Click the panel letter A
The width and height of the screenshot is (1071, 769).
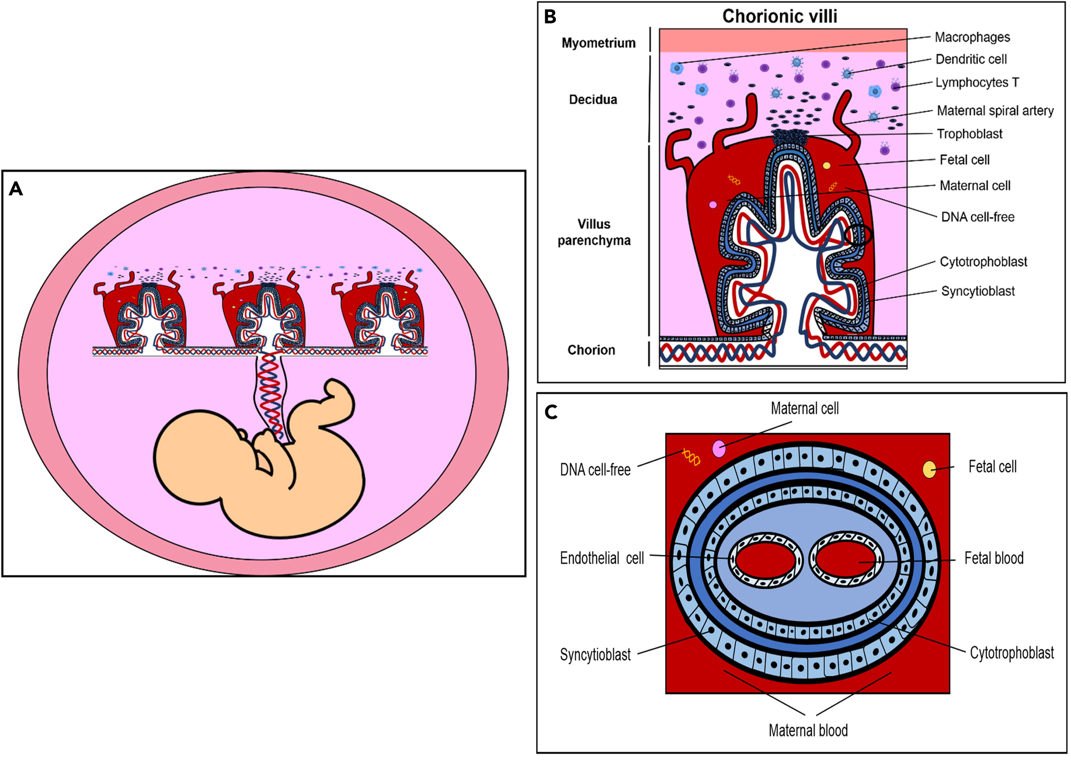coord(16,189)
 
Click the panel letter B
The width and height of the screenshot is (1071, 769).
coord(550,17)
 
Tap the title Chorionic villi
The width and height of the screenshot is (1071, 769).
coord(780,16)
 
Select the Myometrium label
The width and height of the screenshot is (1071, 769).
coord(598,43)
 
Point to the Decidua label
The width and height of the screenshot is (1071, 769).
coord(593,100)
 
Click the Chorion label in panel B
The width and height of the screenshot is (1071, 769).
coord(591,350)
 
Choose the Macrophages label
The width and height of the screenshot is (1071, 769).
coord(972,37)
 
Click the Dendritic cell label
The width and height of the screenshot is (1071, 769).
coord(971,59)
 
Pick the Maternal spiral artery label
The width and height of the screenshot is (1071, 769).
coord(995,111)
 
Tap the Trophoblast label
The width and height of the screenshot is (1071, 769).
coord(969,134)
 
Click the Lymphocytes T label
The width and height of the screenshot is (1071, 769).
coord(977,83)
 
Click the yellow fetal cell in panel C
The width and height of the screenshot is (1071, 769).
coord(929,469)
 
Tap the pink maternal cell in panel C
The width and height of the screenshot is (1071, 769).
coord(719,448)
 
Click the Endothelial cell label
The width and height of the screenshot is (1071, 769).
coord(602,558)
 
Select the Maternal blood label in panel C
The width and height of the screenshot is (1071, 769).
coord(808,730)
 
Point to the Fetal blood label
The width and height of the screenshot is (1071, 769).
coord(994,558)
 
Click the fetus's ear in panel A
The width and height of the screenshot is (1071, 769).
coord(242,433)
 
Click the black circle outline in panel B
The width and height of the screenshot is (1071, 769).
coord(858,235)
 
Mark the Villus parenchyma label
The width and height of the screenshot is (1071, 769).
coord(594,232)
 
